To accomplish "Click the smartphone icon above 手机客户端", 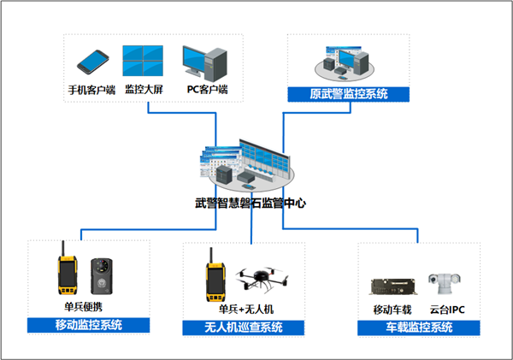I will click(x=92, y=61).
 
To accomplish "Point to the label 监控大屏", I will click(x=143, y=88).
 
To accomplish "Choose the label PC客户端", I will click(x=206, y=88).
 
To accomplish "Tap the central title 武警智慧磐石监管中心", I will click(x=251, y=204).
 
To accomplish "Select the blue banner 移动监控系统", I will click(x=88, y=325).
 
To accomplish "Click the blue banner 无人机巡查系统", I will click(x=245, y=328).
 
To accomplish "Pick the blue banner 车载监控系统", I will click(x=416, y=328).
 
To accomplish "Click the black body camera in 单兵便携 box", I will click(x=103, y=276).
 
